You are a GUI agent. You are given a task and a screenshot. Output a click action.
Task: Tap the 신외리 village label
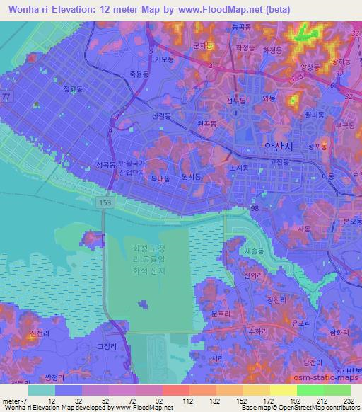252,275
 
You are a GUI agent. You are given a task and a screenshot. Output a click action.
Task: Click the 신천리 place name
35,332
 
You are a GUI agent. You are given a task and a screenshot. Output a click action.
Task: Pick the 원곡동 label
206,123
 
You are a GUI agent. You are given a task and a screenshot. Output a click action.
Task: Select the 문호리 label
222,312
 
